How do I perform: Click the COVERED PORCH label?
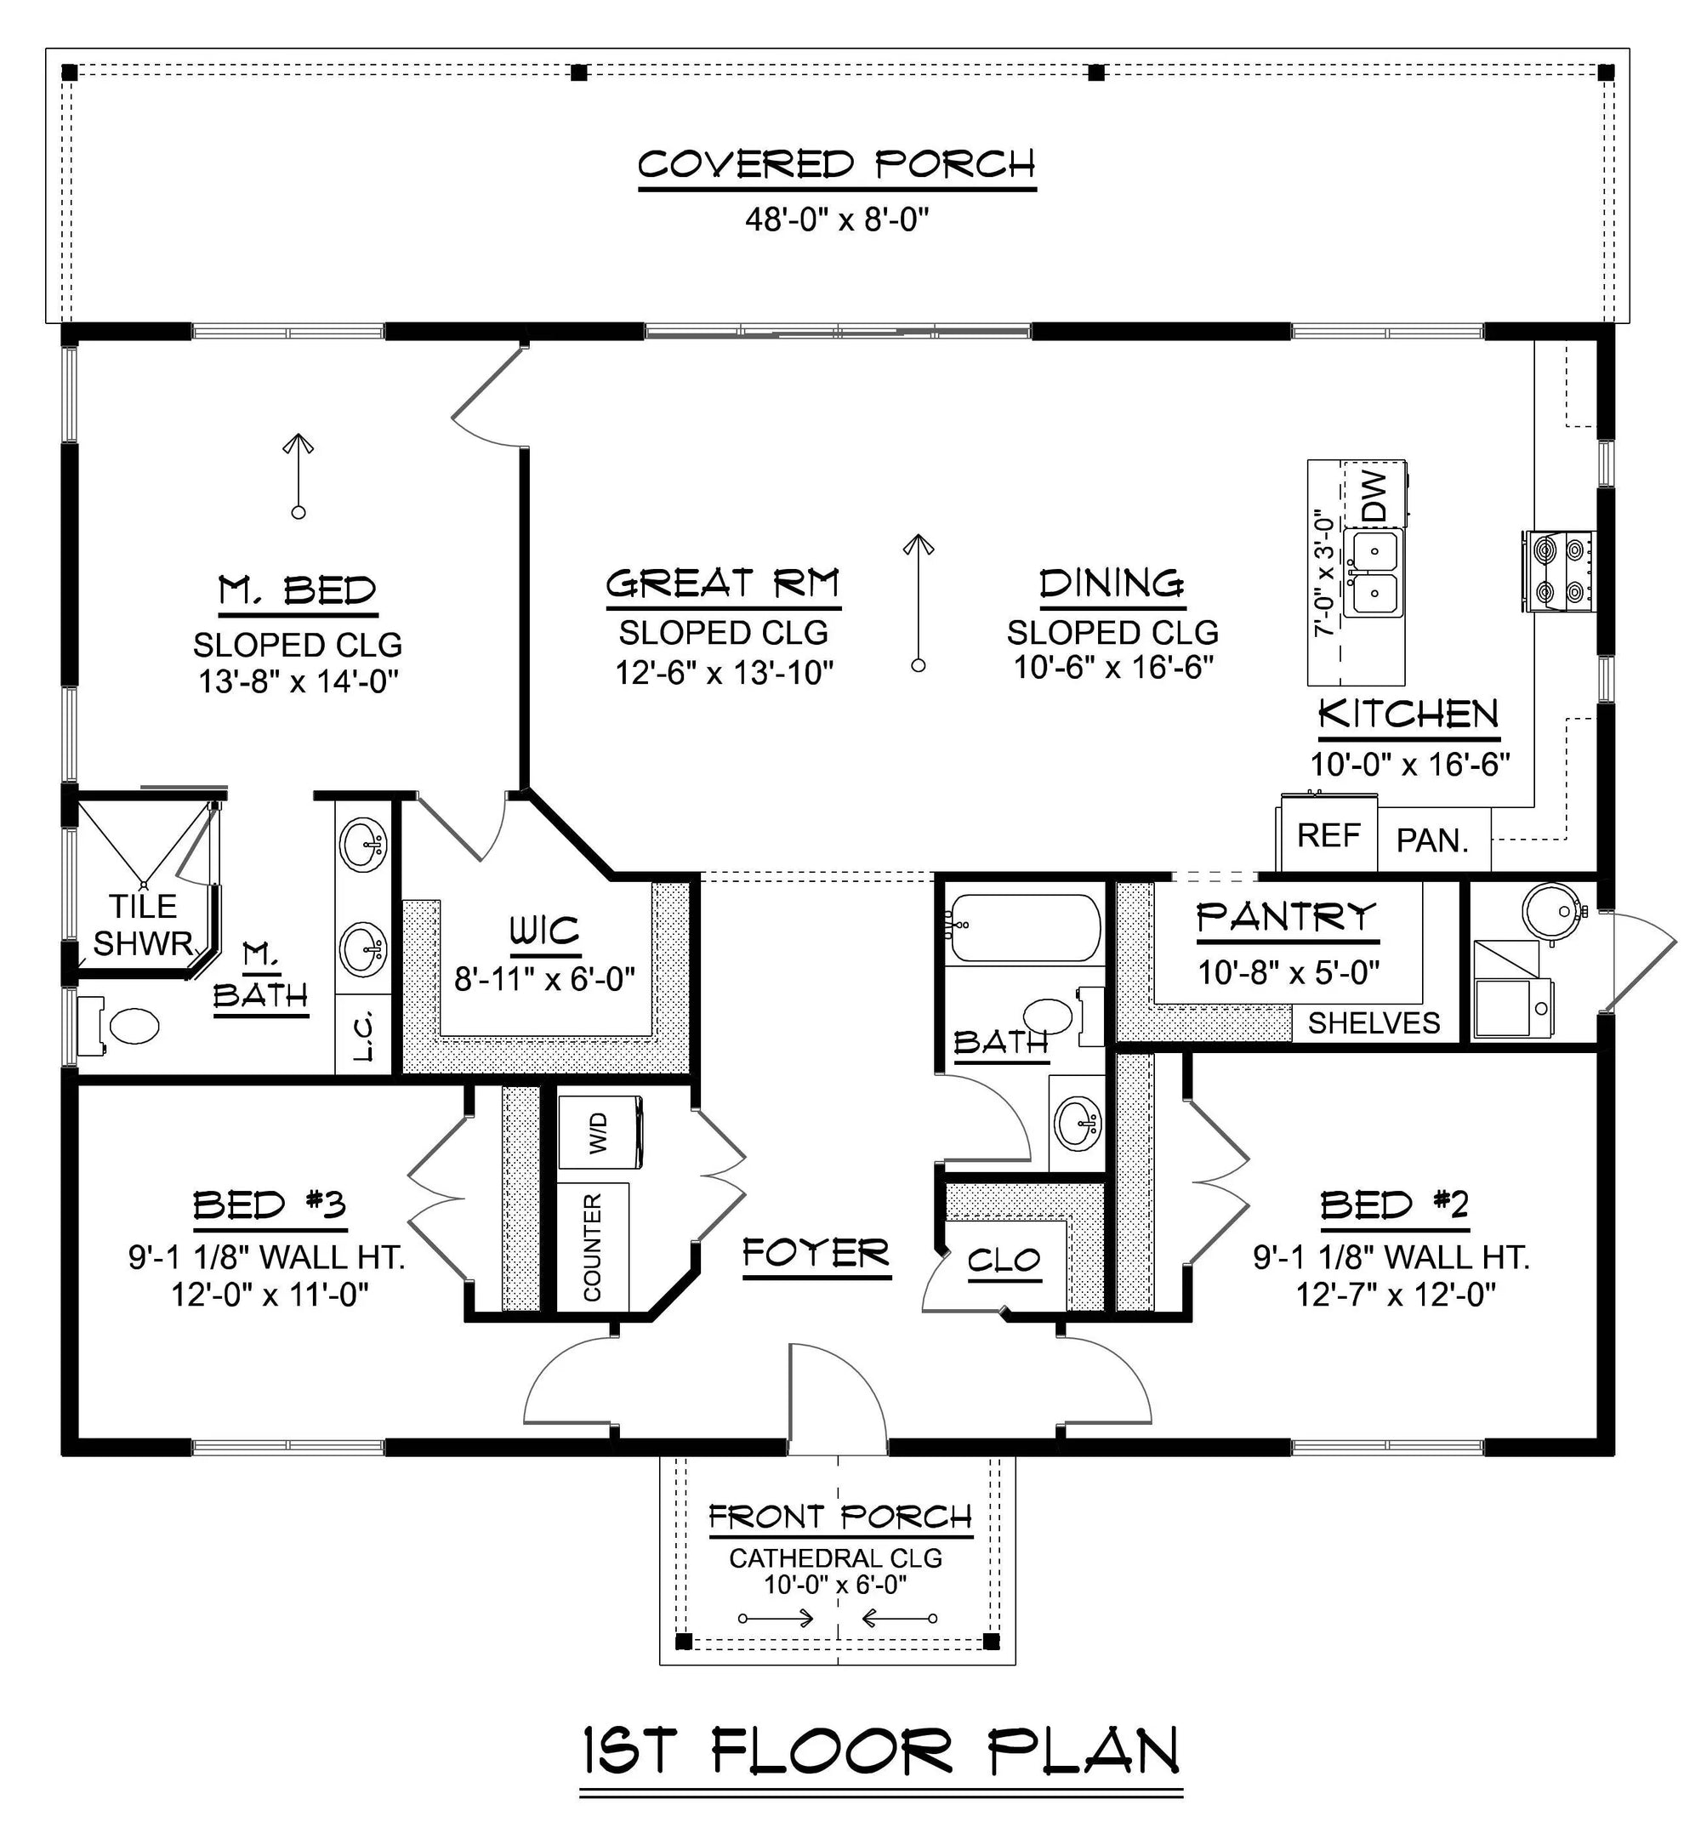(x=836, y=166)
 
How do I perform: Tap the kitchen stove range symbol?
(x=1559, y=571)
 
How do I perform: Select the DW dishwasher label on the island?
(x=1374, y=496)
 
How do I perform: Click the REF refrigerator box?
(x=1328, y=836)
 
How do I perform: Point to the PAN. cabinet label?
(x=1431, y=840)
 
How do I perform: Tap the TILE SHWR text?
(x=143, y=925)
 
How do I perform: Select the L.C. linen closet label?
(x=364, y=1036)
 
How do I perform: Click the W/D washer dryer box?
(x=599, y=1133)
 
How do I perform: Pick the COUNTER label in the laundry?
(x=593, y=1247)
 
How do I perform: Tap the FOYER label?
(x=816, y=1253)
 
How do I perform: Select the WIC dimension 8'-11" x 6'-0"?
(x=544, y=979)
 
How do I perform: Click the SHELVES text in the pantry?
(x=1373, y=1022)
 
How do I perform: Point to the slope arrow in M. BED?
(x=298, y=475)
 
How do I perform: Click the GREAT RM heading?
(x=722, y=584)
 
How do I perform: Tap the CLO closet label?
(x=1004, y=1261)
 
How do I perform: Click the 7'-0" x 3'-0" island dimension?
(x=1321, y=572)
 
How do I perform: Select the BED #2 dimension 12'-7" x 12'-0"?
(x=1395, y=1295)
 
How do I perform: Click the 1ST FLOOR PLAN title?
(x=881, y=1751)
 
